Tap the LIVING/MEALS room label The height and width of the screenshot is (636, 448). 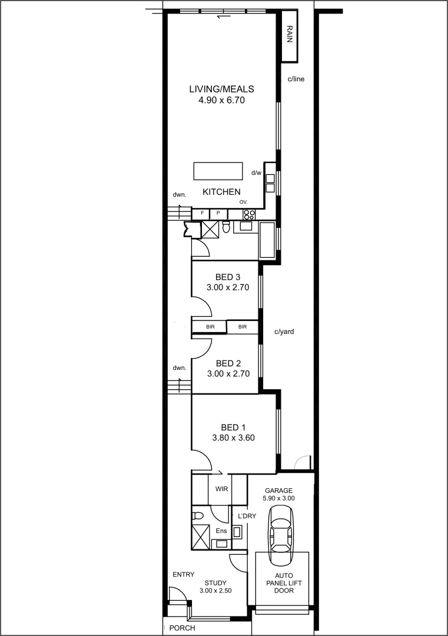coord(221,90)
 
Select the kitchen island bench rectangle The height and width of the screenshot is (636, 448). coord(218,171)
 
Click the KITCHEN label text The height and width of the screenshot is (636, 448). coord(221,192)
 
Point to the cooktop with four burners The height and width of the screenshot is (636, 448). coord(249,214)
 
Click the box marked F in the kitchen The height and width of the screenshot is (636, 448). coord(202,214)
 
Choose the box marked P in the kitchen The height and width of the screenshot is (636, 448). coord(218,214)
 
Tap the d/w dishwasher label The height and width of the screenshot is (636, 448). coord(256,173)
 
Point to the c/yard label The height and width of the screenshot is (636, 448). coord(284,332)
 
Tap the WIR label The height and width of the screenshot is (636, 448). coord(222,489)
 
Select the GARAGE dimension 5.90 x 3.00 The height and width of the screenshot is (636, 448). coord(279,498)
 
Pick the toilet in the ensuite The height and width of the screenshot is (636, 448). coord(198,516)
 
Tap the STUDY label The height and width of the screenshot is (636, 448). coord(215,583)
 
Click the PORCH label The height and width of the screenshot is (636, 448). coord(182,628)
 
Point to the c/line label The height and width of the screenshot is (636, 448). coord(296,79)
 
